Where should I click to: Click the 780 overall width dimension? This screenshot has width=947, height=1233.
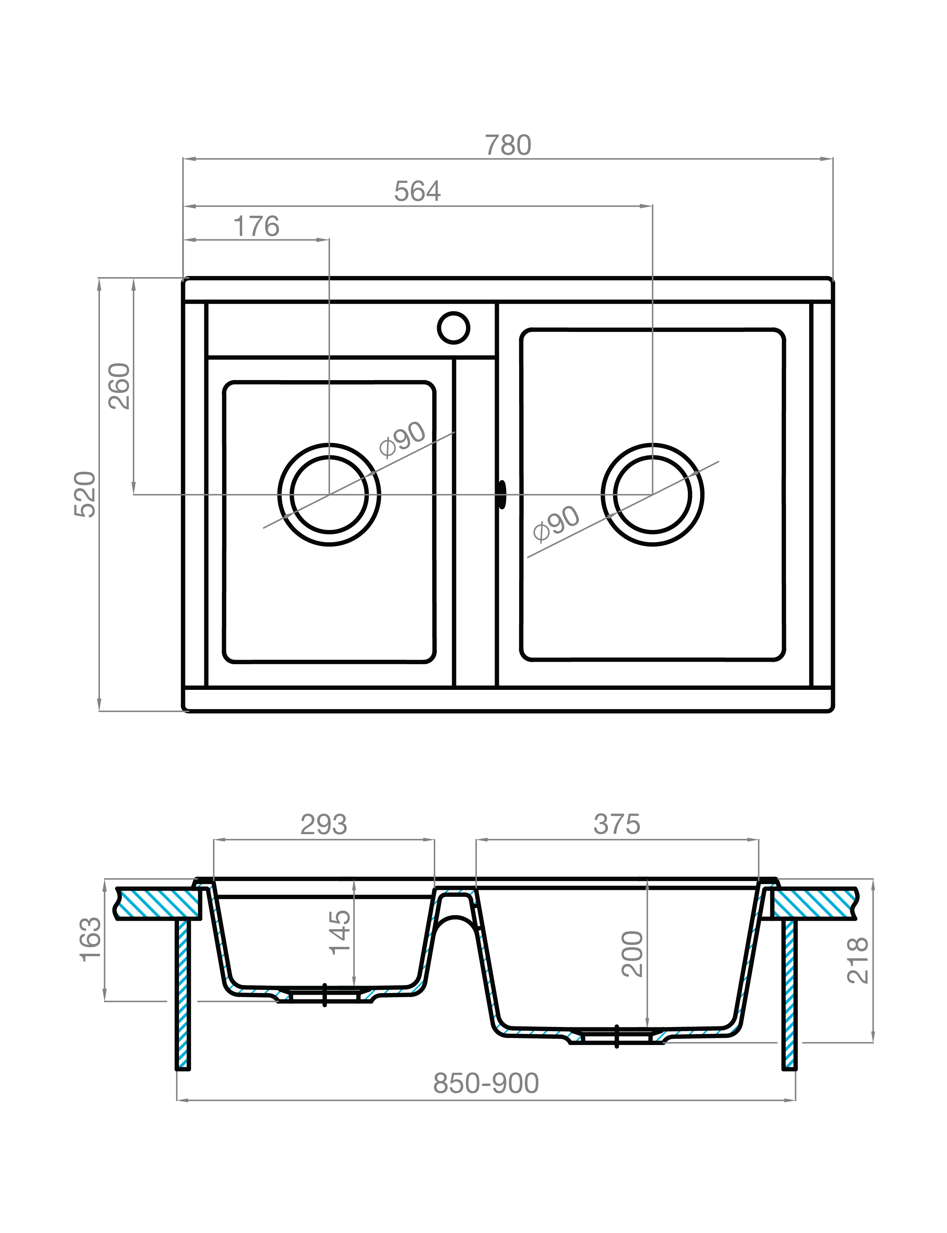(508, 145)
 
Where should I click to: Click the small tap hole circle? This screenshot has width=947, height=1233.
(453, 327)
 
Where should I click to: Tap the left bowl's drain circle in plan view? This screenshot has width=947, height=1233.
(329, 495)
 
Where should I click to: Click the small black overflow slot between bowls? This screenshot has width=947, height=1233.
(501, 495)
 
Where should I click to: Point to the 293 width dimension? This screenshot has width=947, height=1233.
(323, 825)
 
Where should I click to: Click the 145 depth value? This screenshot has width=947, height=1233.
(340, 933)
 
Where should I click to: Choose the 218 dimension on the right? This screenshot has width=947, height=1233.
(857, 960)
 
